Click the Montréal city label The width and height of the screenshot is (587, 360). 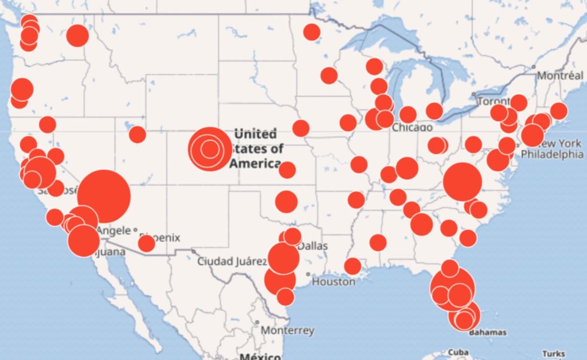tap(560, 76)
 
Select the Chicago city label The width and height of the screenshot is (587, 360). tap(412, 128)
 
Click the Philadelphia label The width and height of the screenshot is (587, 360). tap(552, 155)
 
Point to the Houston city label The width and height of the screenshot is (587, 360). tap(334, 282)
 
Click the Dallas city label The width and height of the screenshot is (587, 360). tap(313, 246)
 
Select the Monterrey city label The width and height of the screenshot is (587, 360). tap(288, 331)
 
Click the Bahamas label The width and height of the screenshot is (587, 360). tap(487, 333)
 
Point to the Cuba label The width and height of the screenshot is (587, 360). tap(458, 352)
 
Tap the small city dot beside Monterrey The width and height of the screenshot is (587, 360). tap(257, 322)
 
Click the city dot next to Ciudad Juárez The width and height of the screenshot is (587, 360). tap(194, 251)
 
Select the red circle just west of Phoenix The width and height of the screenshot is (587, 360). tap(146, 243)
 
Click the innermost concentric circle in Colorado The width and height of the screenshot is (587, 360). tap(209, 149)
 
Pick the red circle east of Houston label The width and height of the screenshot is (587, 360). tap(352, 266)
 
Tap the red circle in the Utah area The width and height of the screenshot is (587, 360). tap(137, 134)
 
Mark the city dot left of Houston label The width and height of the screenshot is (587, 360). tap(308, 274)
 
